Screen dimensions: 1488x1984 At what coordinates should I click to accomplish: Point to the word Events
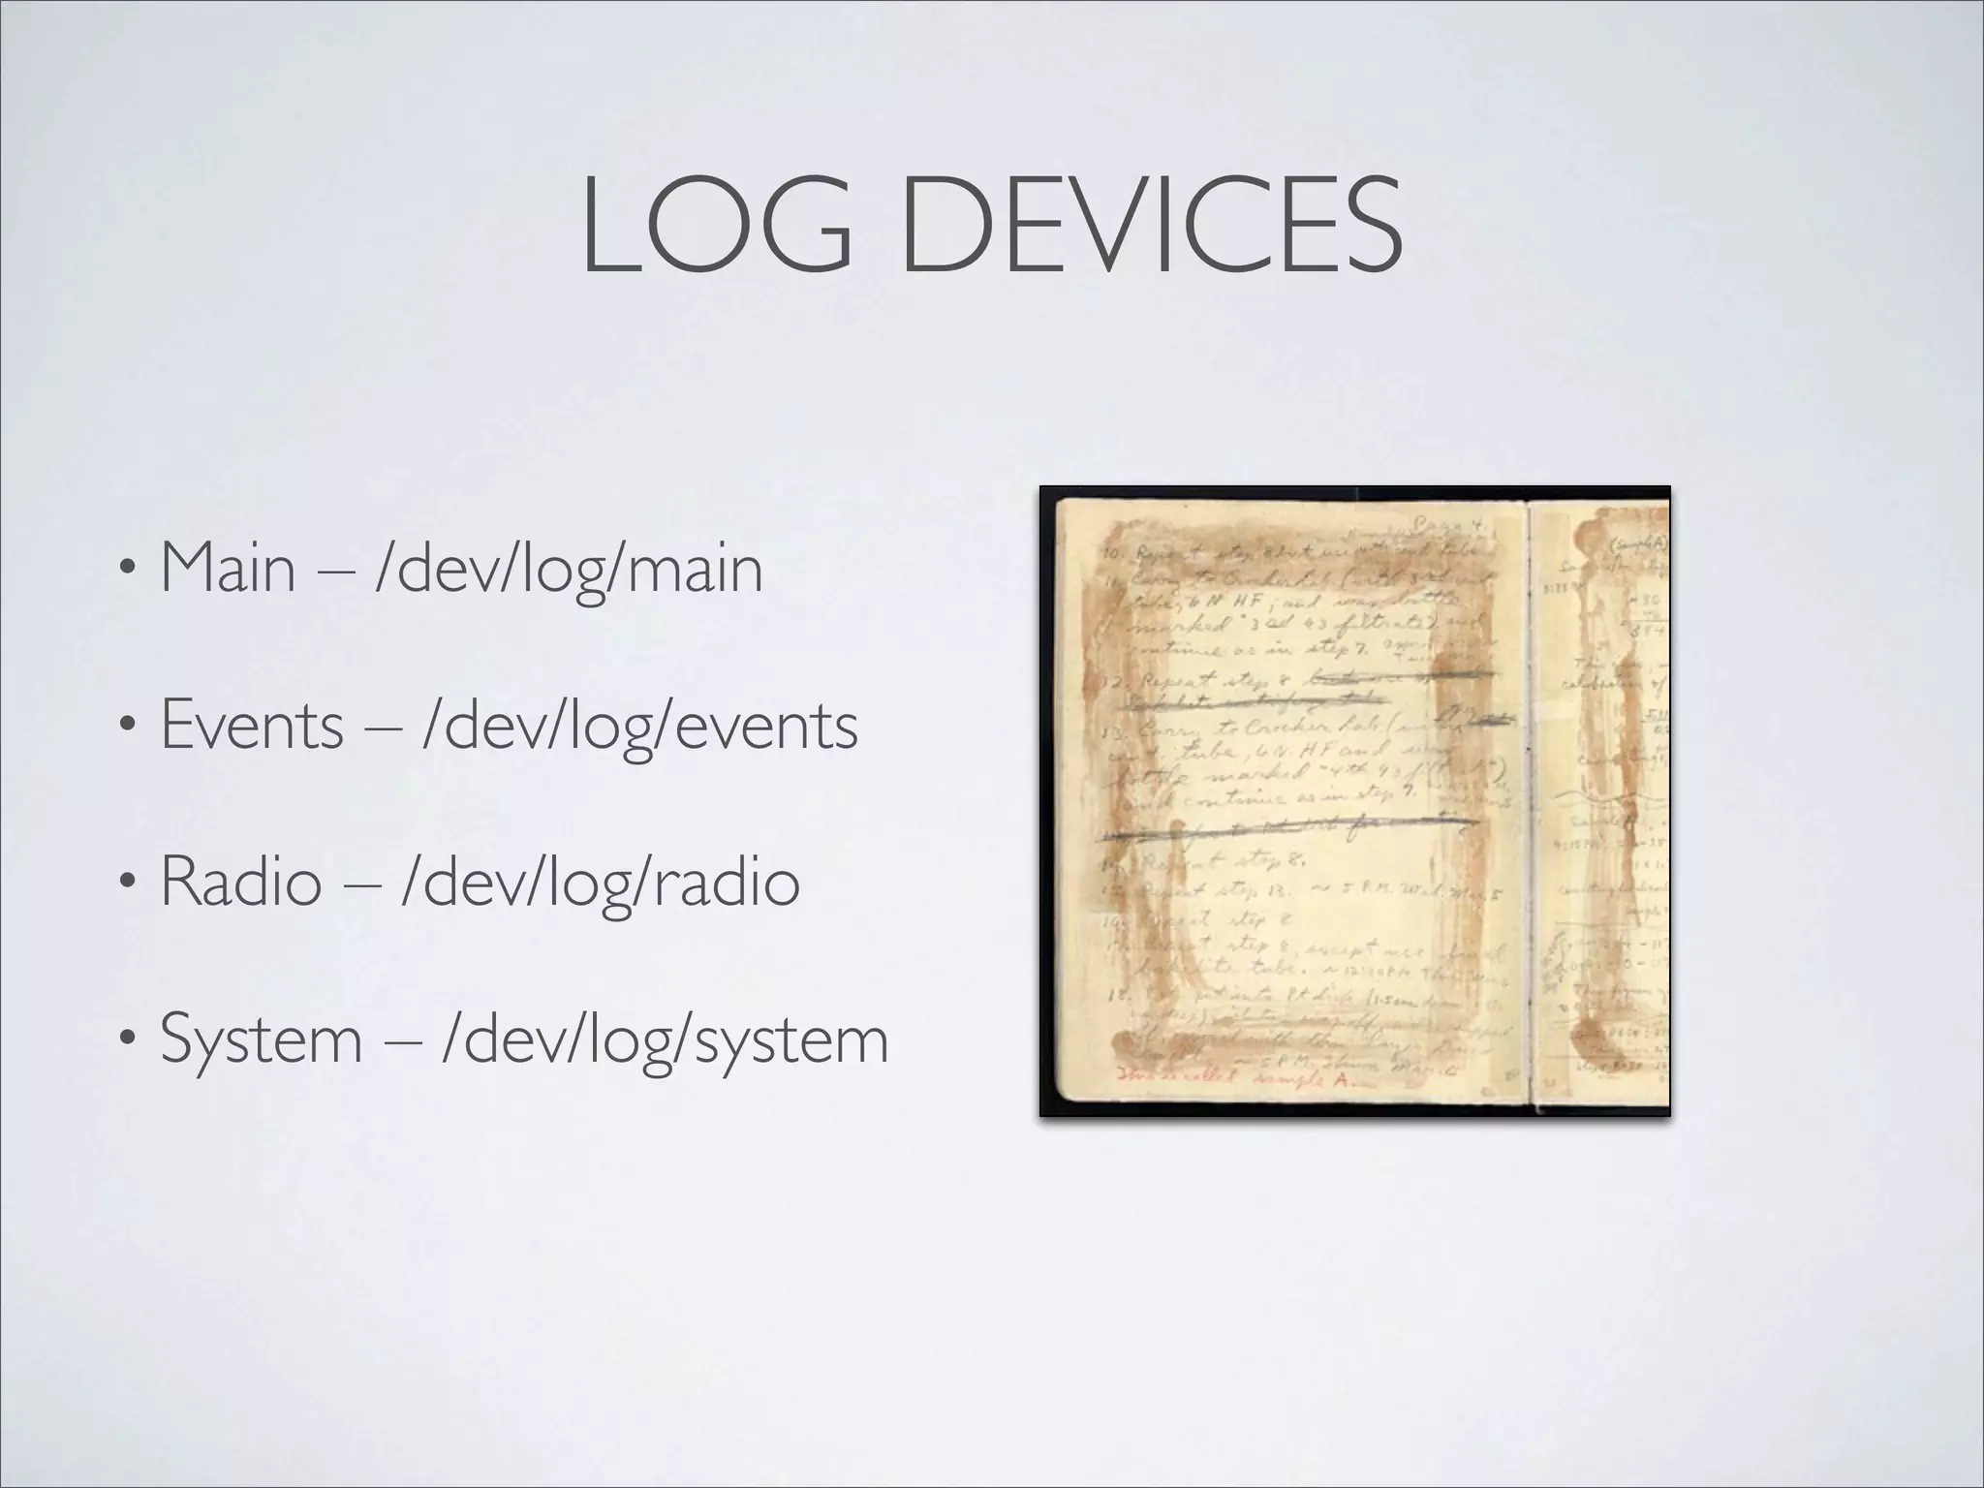[x=252, y=725]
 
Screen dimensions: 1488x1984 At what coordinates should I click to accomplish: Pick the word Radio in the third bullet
[x=240, y=882]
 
